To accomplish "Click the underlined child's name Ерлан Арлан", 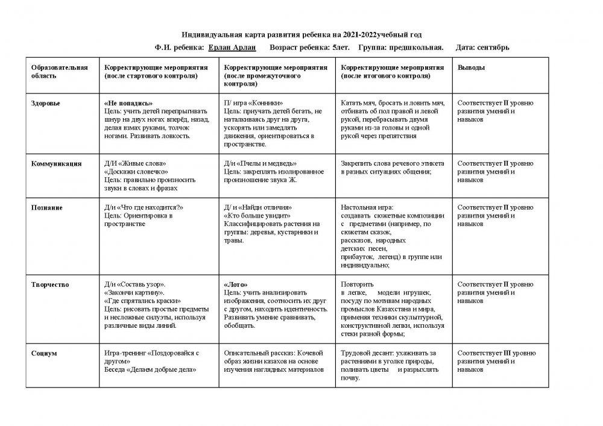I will (232, 47).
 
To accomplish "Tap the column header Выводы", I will (471, 68).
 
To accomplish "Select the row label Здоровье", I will (46, 103).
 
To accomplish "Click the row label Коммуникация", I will (57, 163).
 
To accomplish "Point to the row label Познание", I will (47, 207).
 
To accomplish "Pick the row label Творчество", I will (50, 284).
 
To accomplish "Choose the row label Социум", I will (44, 353).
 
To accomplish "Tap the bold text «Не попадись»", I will (128, 103).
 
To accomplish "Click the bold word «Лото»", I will (236, 284).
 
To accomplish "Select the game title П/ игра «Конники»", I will (253, 103).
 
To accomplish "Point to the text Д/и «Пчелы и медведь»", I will (260, 163).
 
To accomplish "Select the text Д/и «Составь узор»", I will (135, 284).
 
